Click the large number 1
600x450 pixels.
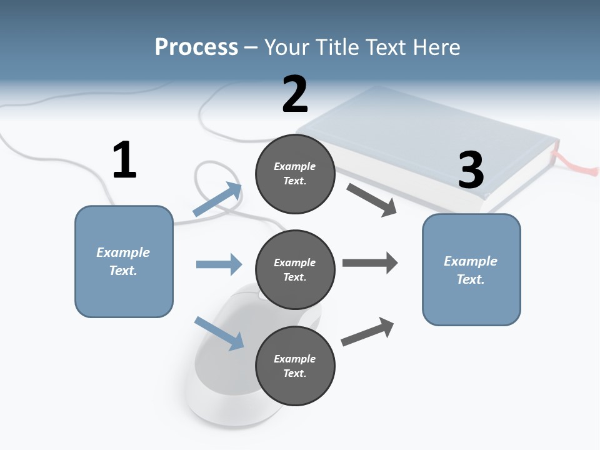pos(124,161)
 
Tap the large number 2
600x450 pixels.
pos(295,94)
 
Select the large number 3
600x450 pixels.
pos(471,171)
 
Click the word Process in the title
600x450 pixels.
pos(196,47)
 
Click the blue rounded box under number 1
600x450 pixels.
pos(124,261)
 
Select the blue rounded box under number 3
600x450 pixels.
pos(471,270)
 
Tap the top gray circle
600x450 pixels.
pos(295,173)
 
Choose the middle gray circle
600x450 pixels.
pos(295,269)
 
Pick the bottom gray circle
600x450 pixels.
pos(295,366)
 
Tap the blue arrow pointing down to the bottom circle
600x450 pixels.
pos(219,333)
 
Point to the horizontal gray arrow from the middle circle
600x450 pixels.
pos(369,263)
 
